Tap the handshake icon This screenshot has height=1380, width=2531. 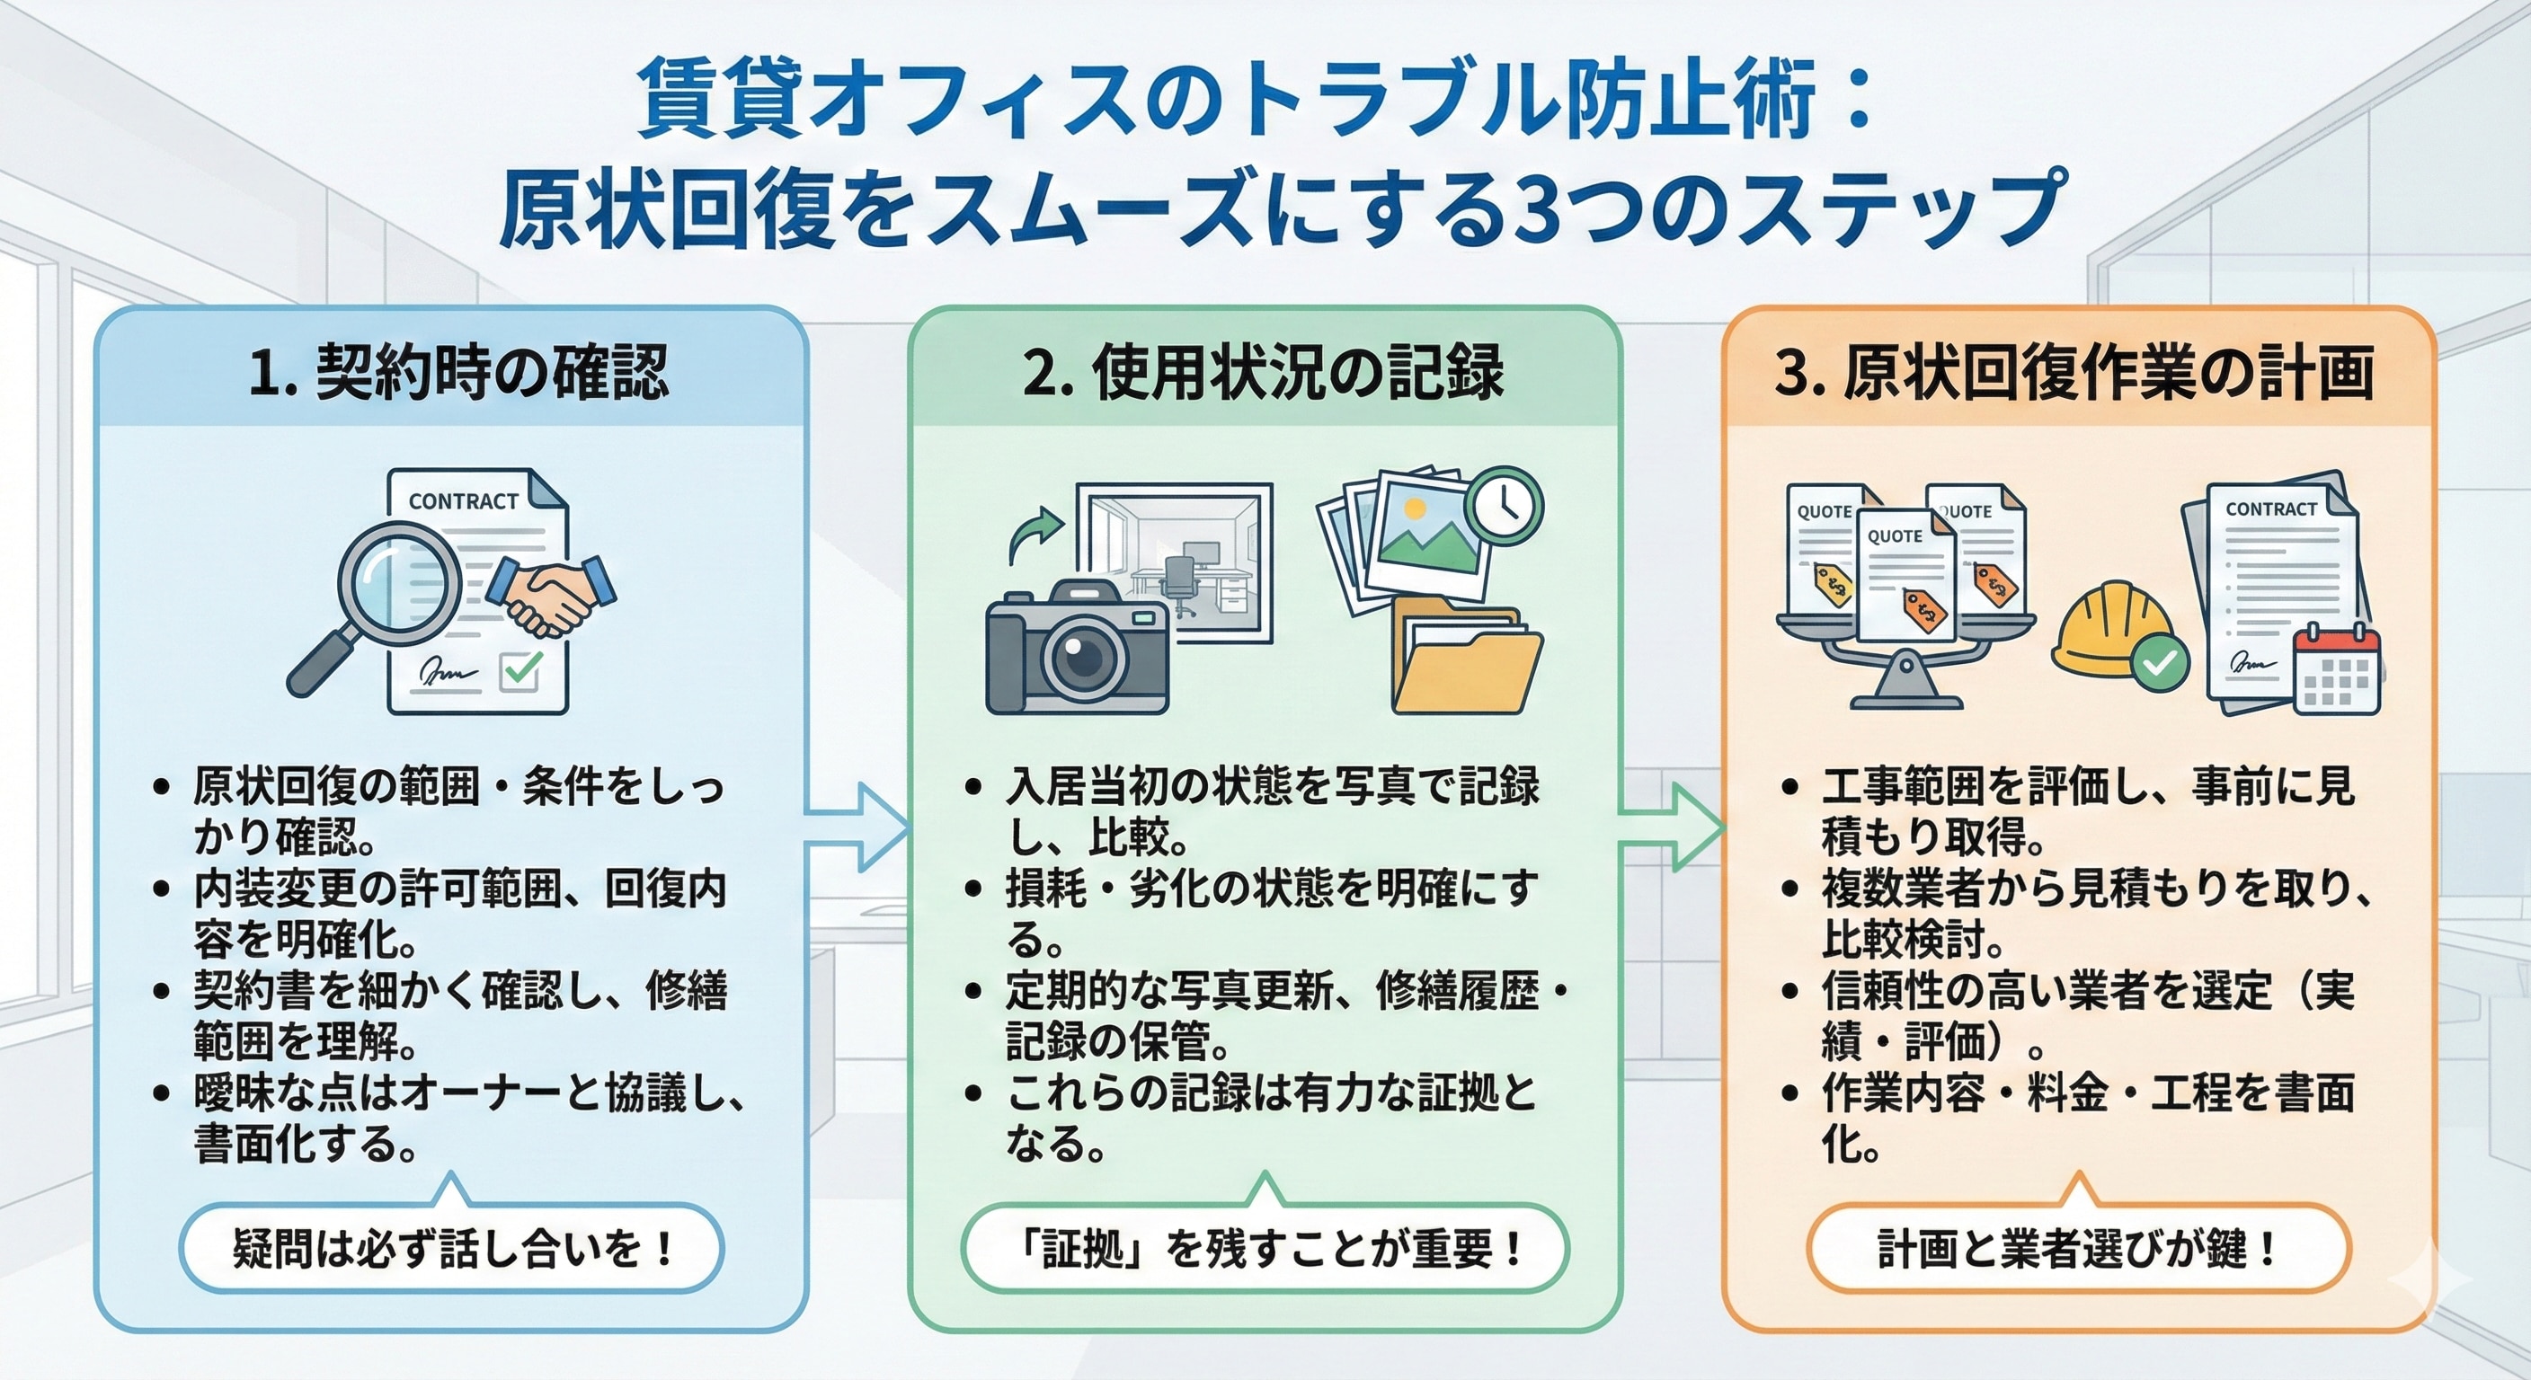(551, 594)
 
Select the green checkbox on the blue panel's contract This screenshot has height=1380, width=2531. (520, 672)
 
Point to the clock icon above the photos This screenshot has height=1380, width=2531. (1504, 506)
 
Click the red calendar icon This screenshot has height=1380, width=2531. (2337, 671)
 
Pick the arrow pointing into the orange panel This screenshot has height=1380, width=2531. (1671, 828)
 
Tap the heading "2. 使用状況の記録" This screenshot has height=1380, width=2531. (1264, 373)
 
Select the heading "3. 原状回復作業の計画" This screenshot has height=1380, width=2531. (2074, 373)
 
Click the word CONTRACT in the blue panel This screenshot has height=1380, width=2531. (463, 502)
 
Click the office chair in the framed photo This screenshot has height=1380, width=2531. (1178, 582)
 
